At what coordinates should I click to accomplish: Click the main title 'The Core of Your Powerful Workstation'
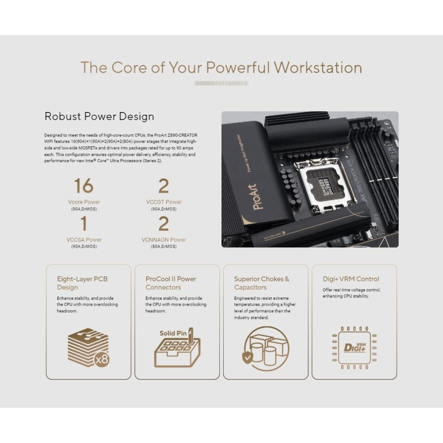click(221, 68)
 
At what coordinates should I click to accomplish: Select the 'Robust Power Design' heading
click(99, 117)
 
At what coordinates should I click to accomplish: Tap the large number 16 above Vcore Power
click(83, 186)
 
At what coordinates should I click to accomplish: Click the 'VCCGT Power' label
click(164, 202)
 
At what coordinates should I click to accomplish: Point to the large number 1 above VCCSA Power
click(84, 224)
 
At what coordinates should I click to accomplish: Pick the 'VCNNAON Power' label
click(164, 240)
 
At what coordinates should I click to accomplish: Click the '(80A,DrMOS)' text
click(164, 246)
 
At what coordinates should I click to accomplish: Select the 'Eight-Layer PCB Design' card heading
click(82, 283)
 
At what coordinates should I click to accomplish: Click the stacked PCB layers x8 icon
click(88, 347)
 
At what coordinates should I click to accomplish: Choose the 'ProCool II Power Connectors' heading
click(171, 283)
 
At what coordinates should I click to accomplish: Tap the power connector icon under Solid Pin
click(177, 352)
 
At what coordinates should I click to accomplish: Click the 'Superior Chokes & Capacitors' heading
click(261, 283)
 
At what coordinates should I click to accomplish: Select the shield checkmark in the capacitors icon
click(247, 357)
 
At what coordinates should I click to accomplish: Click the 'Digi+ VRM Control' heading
click(351, 279)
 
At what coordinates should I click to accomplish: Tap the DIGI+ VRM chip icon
click(354, 347)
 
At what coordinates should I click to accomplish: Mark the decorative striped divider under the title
click(221, 83)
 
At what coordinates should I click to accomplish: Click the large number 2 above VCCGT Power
click(163, 186)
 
